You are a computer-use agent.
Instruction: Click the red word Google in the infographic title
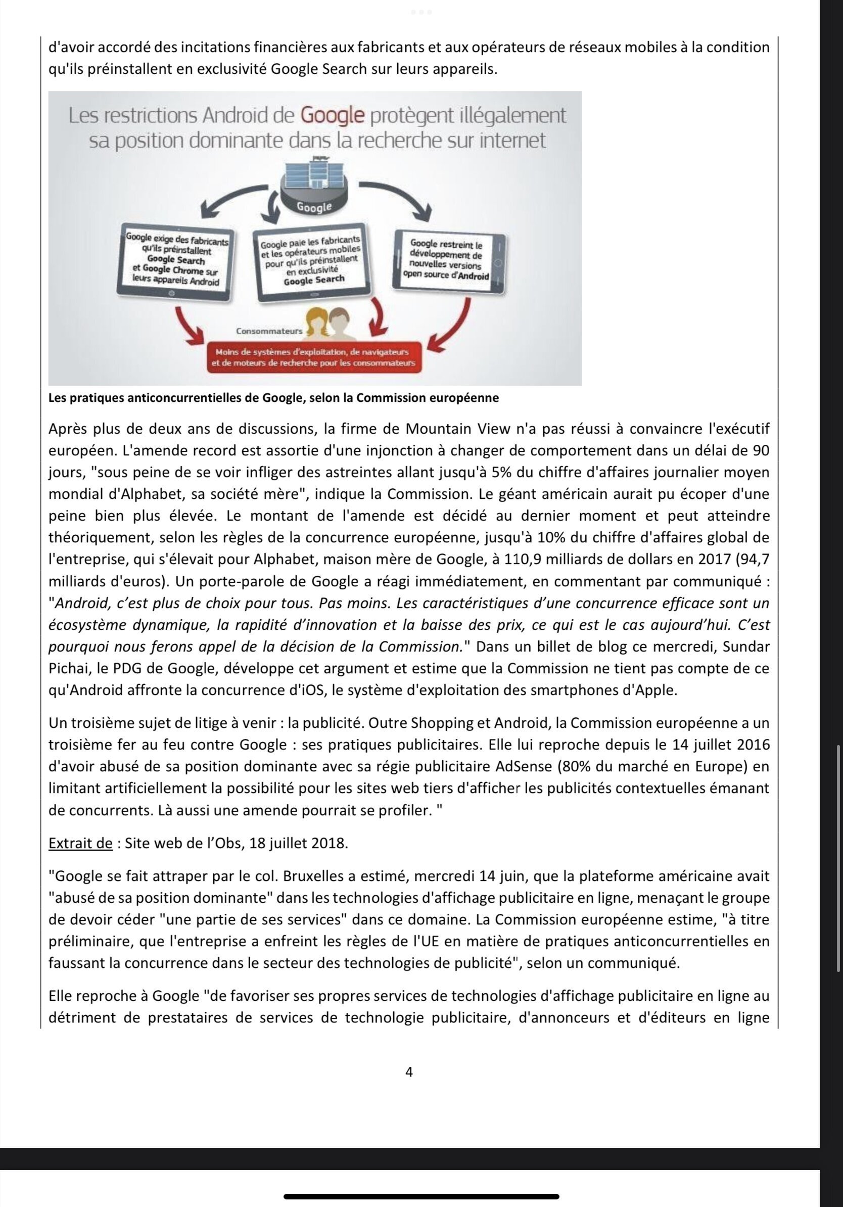333,115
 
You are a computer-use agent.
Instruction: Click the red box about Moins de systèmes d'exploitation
314,357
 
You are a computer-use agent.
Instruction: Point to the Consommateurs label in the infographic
269,331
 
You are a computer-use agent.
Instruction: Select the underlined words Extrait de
80,843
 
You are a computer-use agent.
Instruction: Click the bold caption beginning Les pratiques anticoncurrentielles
273,398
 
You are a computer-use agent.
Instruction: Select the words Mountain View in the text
457,429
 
